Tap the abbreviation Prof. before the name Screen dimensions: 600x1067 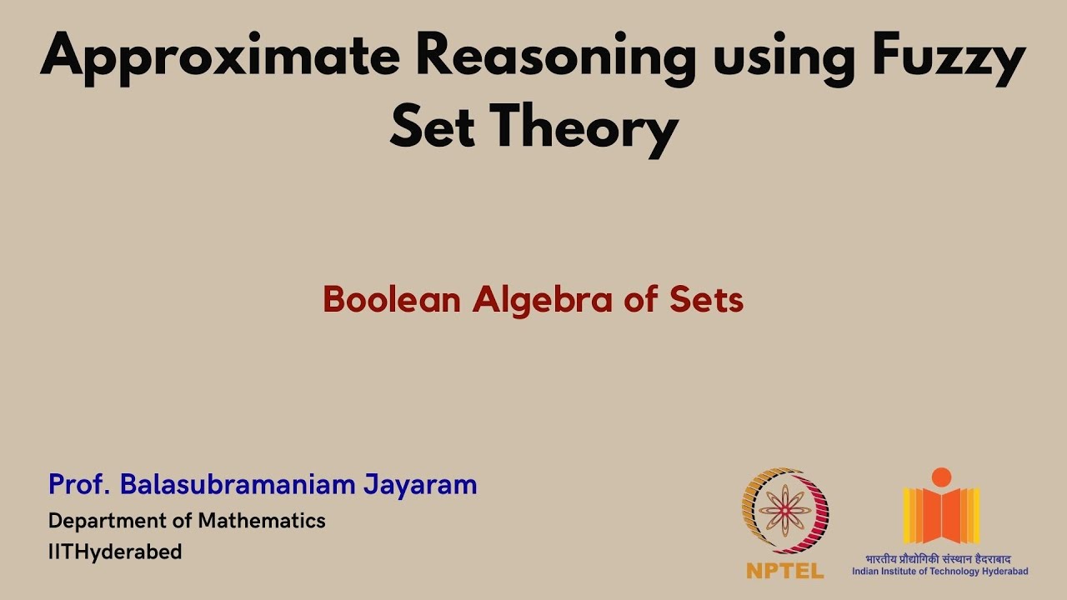[x=79, y=484]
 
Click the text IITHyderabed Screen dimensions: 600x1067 [x=115, y=552]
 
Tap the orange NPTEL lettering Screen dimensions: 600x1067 [x=785, y=571]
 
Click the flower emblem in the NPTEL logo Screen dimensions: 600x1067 [x=784, y=510]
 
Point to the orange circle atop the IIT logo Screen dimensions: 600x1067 [x=941, y=477]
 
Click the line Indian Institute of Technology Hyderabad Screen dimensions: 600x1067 [x=939, y=571]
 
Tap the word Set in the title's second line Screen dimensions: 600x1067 [x=433, y=129]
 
